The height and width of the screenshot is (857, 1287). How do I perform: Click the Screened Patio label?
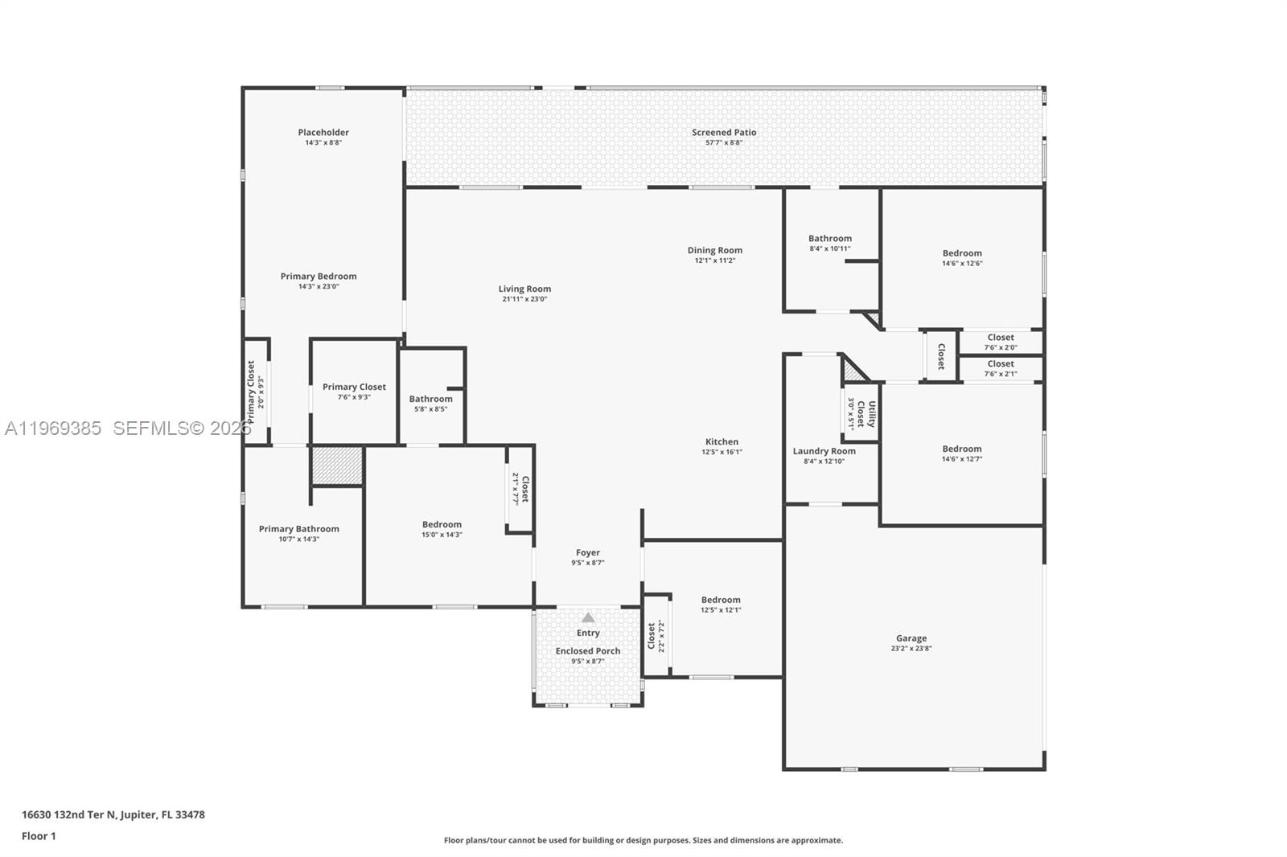[x=724, y=133]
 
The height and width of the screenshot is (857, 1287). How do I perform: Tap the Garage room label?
[x=911, y=638]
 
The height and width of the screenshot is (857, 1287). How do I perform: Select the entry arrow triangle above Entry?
[x=588, y=617]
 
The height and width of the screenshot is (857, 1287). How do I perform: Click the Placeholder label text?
[x=323, y=133]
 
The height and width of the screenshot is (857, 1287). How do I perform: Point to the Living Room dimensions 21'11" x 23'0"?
[x=524, y=299]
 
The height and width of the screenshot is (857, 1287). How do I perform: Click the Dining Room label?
[x=714, y=250]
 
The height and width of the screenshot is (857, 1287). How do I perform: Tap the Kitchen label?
[x=722, y=441]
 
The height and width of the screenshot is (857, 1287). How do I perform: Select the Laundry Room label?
[x=824, y=451]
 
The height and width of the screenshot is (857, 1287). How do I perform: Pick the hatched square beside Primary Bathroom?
[x=337, y=465]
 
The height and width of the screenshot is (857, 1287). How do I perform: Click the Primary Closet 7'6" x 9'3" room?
[x=354, y=391]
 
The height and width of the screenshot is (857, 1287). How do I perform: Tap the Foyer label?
[x=588, y=552]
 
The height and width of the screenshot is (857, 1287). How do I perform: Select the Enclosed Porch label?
[x=588, y=651]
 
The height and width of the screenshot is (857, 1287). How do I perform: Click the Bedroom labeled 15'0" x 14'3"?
[x=442, y=528]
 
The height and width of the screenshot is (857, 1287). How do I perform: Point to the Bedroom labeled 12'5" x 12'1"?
[x=721, y=604]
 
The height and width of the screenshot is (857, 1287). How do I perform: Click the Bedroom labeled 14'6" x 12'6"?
[x=962, y=257]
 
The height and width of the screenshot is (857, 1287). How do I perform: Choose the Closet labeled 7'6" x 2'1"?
[x=1001, y=368]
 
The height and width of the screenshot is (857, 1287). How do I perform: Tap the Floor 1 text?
[x=39, y=836]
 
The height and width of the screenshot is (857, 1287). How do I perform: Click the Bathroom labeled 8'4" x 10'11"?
[x=830, y=243]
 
